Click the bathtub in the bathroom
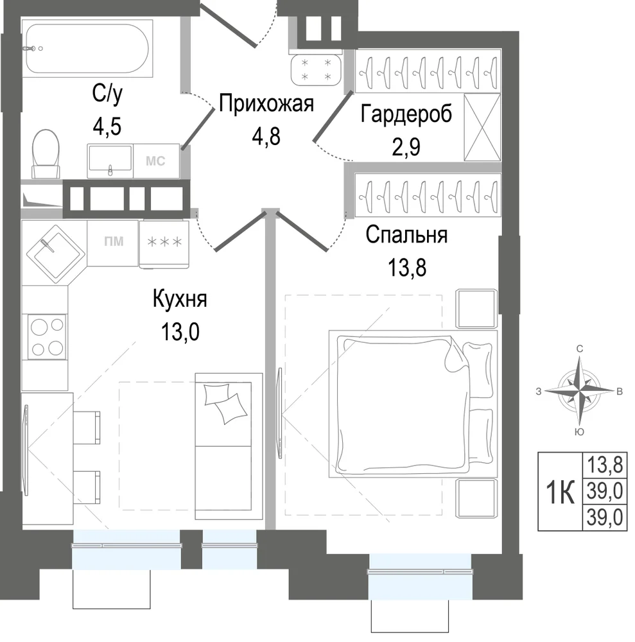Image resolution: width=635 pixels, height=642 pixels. tap(87, 48)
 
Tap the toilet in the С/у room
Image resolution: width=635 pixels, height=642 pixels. tap(46, 154)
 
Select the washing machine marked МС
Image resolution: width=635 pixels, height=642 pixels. tap(157, 161)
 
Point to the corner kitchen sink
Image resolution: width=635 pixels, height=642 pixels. tap(56, 254)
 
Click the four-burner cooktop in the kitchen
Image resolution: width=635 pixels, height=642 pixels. tap(47, 336)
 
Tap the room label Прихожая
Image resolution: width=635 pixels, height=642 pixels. tap(266, 104)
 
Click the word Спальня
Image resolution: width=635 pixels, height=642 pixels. tap(406, 235)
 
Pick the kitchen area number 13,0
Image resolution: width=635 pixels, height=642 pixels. tap(180, 331)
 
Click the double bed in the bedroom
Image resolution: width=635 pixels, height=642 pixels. tap(413, 404)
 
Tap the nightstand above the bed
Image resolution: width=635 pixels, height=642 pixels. tap(476, 309)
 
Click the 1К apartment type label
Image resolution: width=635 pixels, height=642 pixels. tap(560, 492)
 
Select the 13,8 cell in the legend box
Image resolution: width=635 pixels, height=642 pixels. tap(605, 465)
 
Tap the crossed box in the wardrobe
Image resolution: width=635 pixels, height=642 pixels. tap(482, 127)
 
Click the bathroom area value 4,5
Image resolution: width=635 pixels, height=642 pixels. tap(107, 126)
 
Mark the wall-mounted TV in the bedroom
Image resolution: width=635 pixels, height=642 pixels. tap(280, 413)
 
